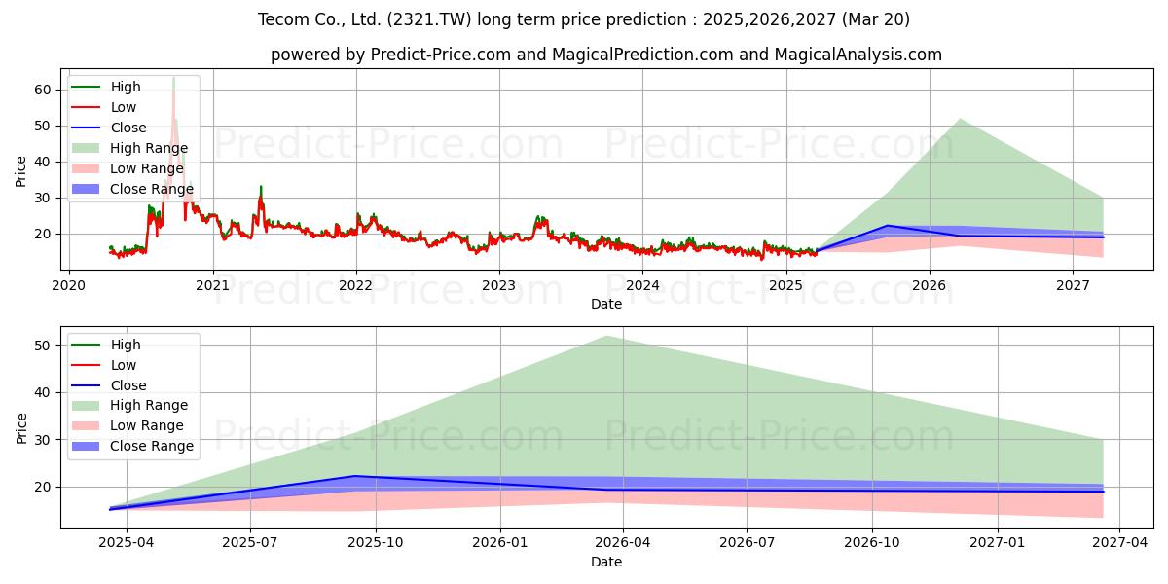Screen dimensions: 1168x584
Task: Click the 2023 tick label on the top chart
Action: click(499, 286)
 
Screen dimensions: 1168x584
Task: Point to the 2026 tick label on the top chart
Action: click(930, 286)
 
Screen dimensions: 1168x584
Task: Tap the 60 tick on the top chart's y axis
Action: click(43, 90)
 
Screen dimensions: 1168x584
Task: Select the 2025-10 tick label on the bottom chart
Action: click(376, 543)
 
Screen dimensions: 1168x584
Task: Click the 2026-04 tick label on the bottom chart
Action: click(623, 543)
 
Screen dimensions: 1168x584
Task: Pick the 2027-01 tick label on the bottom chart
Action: click(997, 543)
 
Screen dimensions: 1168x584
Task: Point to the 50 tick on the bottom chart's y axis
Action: click(43, 346)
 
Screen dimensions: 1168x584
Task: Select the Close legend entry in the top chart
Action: click(108, 128)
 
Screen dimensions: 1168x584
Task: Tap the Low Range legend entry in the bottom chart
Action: click(128, 425)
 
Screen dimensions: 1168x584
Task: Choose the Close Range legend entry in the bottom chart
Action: click(132, 446)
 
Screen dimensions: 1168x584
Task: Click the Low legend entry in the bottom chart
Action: click(103, 365)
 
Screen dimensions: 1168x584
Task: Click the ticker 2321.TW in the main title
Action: click(429, 19)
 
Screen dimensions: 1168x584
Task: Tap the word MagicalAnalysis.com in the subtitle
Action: click(858, 55)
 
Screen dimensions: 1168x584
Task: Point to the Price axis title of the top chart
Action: click(20, 171)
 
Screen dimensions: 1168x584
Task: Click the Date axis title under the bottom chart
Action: click(606, 562)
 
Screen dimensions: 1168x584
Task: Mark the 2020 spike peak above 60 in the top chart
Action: click(173, 78)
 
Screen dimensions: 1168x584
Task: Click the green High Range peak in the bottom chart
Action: click(606, 337)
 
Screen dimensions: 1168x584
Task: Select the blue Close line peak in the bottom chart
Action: click(355, 476)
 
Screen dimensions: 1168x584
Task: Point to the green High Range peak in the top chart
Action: click(960, 119)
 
